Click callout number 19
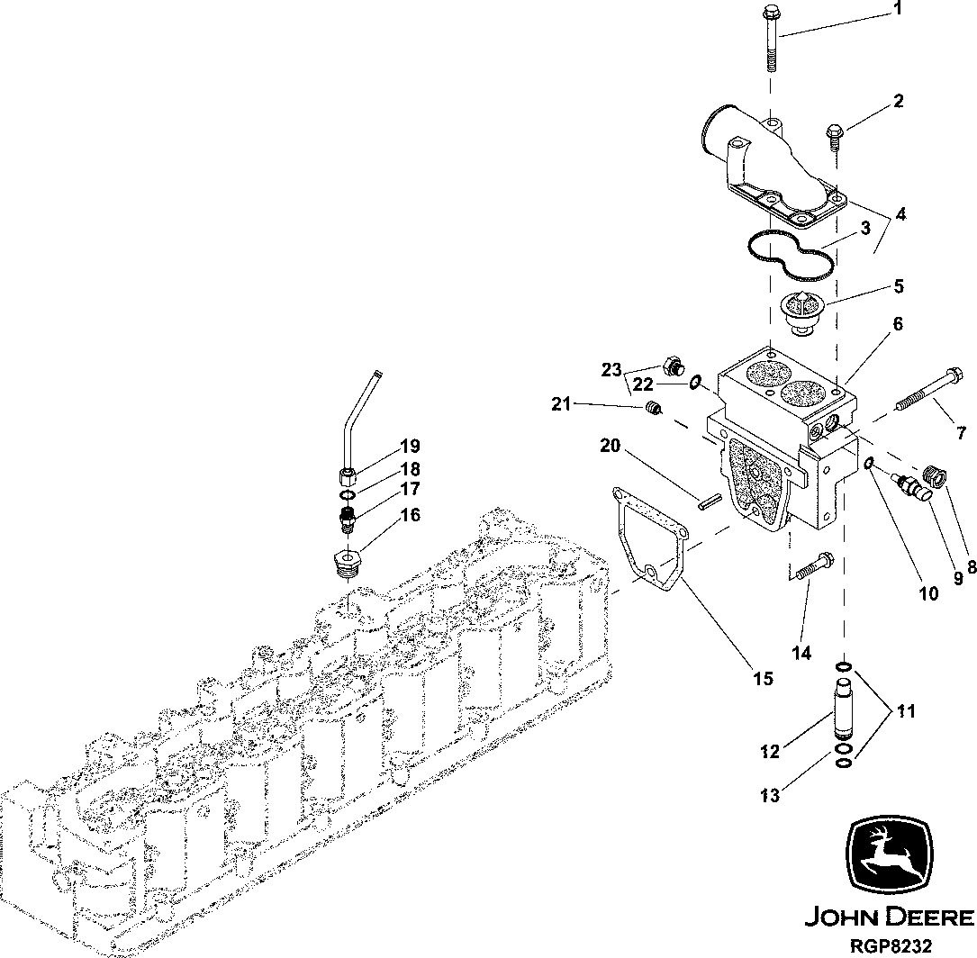coord(410,446)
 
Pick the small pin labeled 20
coord(707,502)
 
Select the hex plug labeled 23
coord(671,367)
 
